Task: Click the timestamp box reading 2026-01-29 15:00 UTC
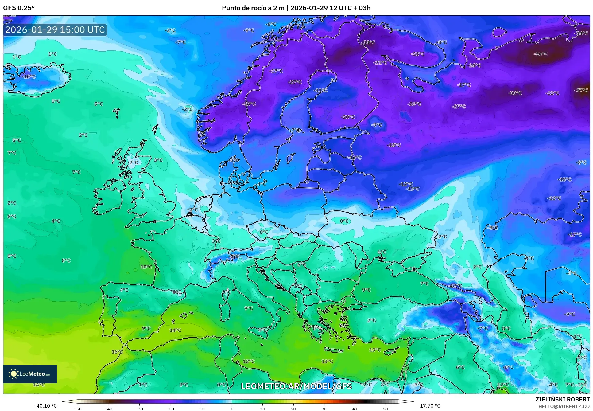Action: (55, 30)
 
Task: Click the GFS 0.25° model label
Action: (19, 8)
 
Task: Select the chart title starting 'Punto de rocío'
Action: (296, 8)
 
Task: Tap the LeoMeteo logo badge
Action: (30, 374)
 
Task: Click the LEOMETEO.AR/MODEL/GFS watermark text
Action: (296, 386)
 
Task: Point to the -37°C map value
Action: (581, 90)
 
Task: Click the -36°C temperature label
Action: (541, 54)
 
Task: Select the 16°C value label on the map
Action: (117, 352)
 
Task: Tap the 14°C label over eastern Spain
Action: (175, 330)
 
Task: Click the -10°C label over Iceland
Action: (29, 76)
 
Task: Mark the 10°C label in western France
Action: (146, 267)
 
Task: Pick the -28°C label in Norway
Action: (249, 104)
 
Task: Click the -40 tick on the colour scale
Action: (109, 409)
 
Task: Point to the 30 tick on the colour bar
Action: (324, 409)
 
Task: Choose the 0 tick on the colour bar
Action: (232, 409)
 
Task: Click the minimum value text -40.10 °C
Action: (46, 406)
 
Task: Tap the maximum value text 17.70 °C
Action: (430, 406)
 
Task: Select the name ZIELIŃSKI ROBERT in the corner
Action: (562, 399)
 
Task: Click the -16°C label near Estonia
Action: (355, 158)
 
